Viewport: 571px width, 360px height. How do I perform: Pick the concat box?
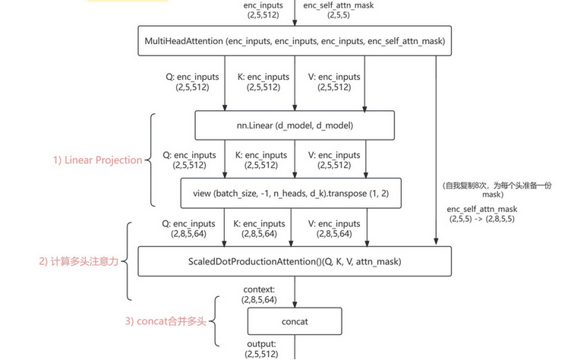click(x=295, y=321)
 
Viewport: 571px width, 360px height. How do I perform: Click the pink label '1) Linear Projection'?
click(x=97, y=160)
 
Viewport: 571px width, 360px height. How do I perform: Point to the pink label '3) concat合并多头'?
click(x=166, y=321)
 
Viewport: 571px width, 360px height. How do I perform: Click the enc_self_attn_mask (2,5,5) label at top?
click(x=338, y=10)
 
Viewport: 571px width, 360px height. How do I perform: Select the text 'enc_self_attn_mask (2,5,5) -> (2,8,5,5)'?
click(x=483, y=213)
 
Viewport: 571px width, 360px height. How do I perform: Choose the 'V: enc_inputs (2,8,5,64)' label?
click(x=335, y=229)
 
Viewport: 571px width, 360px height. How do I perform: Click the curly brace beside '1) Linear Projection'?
click(x=153, y=160)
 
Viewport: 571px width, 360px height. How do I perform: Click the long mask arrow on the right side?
click(x=436, y=152)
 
